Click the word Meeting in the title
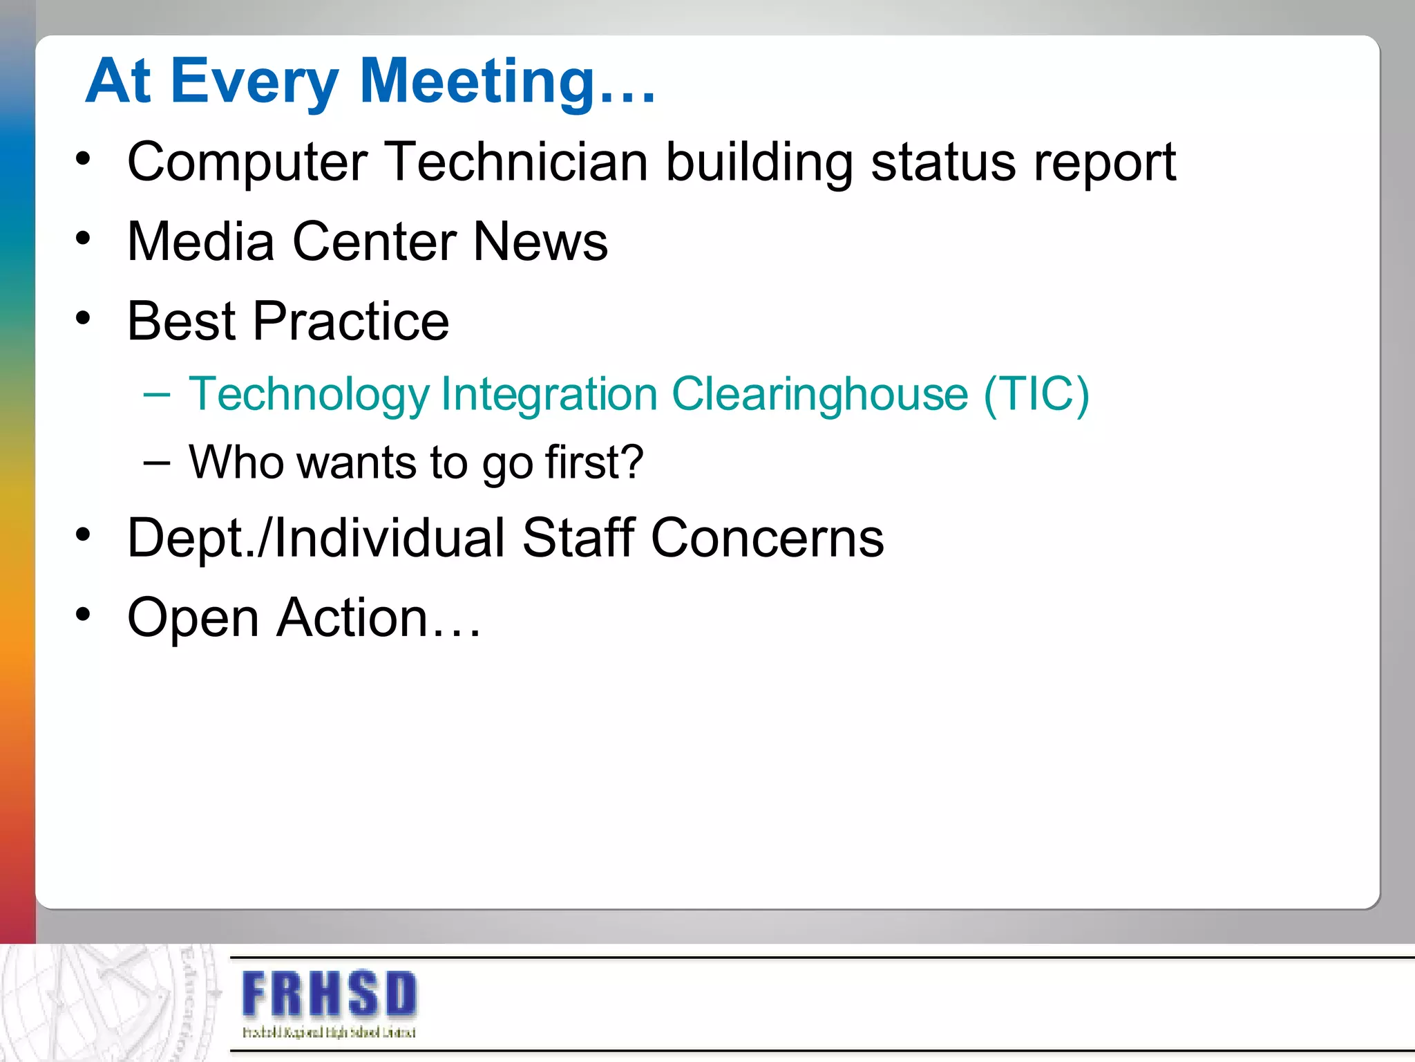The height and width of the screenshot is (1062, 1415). tap(477, 82)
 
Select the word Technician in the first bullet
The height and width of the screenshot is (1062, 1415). tap(515, 162)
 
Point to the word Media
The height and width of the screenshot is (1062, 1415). tap(201, 241)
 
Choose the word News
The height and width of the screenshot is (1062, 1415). tap(540, 241)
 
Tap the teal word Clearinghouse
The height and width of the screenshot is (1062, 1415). tap(819, 394)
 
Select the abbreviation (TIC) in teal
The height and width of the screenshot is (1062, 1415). tap(1036, 394)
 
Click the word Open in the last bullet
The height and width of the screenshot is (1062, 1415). tap(193, 618)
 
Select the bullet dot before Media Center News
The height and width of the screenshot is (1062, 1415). tap(84, 239)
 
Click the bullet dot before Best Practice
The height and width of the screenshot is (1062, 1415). tap(84, 319)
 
